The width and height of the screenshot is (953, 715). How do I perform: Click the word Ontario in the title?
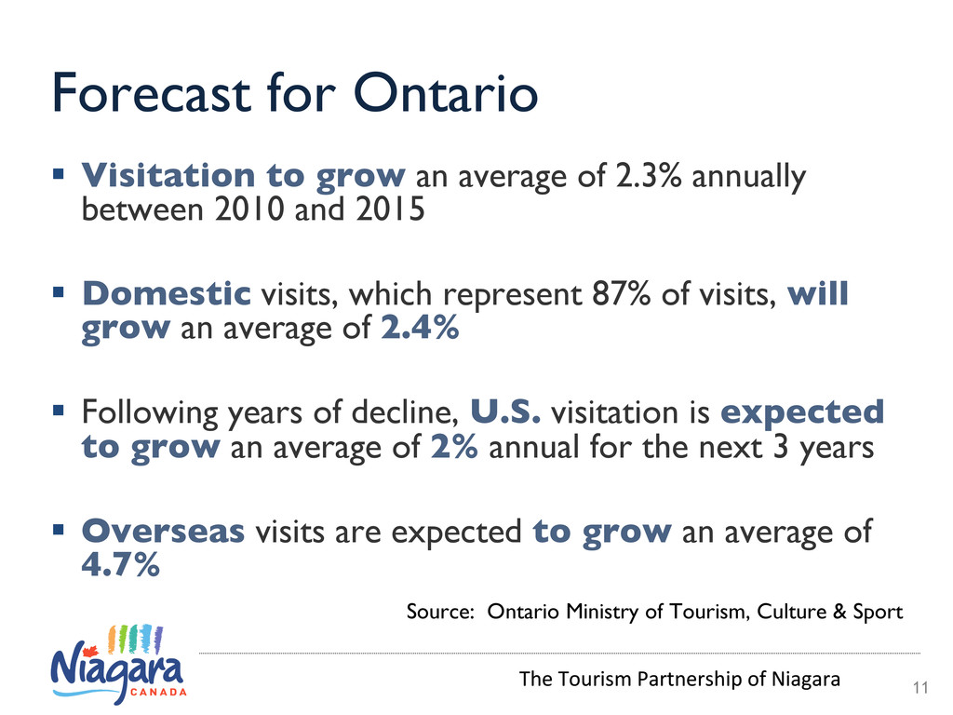[x=446, y=94]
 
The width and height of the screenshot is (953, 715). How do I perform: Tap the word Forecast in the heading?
[x=152, y=94]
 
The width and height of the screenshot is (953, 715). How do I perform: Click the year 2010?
[x=249, y=209]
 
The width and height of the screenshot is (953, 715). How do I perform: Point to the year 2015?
[x=390, y=209]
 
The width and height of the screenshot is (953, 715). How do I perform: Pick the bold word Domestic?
[x=167, y=293]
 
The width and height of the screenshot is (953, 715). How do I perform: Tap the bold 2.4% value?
[x=420, y=328]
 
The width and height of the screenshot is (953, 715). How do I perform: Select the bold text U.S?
[x=505, y=412]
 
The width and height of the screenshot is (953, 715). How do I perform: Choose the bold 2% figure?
[x=454, y=447]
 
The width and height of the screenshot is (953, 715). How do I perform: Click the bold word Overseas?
[x=164, y=531]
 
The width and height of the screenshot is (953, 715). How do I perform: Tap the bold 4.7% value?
[x=121, y=564]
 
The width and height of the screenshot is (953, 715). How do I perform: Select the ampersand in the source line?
[x=839, y=611]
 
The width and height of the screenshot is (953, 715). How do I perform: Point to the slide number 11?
[x=920, y=688]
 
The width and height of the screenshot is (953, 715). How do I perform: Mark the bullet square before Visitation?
[x=59, y=175]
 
